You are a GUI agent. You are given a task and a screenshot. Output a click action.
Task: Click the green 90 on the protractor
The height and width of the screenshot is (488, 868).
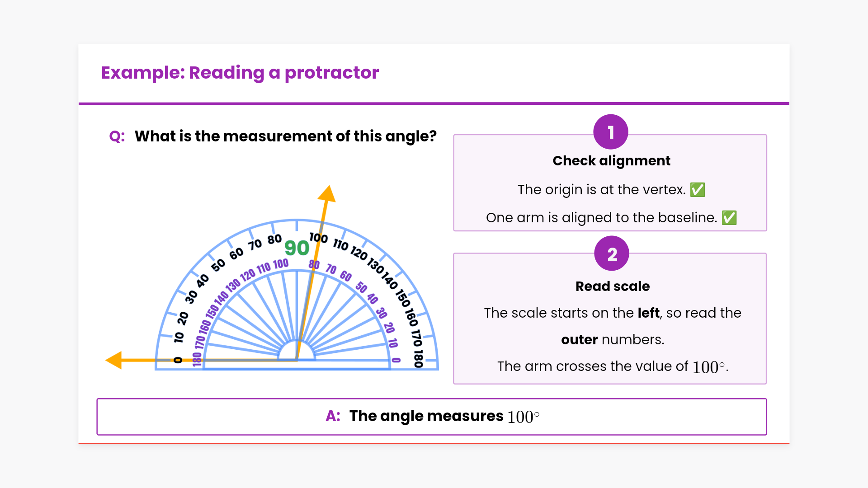click(x=297, y=248)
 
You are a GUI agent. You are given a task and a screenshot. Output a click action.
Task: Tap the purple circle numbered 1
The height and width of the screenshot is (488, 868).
click(x=611, y=132)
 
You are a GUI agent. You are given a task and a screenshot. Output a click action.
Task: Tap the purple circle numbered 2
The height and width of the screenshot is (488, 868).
click(x=612, y=253)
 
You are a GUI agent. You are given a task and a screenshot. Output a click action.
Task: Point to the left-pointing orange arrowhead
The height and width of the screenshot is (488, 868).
click(x=114, y=360)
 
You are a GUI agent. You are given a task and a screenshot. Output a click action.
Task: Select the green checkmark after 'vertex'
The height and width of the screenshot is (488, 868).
click(x=698, y=190)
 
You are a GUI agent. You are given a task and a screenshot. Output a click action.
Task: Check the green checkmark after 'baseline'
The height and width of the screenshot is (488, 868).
click(x=729, y=218)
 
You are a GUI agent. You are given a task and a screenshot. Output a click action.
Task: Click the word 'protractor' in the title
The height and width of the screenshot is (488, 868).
click(x=331, y=73)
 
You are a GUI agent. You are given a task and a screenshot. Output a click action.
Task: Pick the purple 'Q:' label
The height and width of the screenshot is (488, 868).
click(x=117, y=136)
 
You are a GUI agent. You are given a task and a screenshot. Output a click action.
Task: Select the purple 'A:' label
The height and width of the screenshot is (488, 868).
click(x=333, y=416)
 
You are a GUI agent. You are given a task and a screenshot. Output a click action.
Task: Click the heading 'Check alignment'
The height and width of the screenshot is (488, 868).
click(x=611, y=161)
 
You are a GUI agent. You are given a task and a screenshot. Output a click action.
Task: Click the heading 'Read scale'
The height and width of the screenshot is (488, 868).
click(x=612, y=286)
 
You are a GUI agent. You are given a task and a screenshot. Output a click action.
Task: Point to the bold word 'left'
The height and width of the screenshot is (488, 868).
click(x=648, y=313)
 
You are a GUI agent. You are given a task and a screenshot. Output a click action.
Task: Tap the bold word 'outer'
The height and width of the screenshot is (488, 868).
click(x=579, y=340)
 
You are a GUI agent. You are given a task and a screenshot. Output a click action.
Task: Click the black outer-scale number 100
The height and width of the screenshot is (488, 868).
click(x=319, y=237)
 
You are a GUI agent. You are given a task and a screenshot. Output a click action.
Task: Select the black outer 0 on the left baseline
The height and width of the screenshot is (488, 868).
click(x=178, y=360)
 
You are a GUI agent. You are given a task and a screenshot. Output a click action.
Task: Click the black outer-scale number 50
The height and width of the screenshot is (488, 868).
click(x=218, y=265)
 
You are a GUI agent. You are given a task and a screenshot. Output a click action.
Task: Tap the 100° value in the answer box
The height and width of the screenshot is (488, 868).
click(x=523, y=417)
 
